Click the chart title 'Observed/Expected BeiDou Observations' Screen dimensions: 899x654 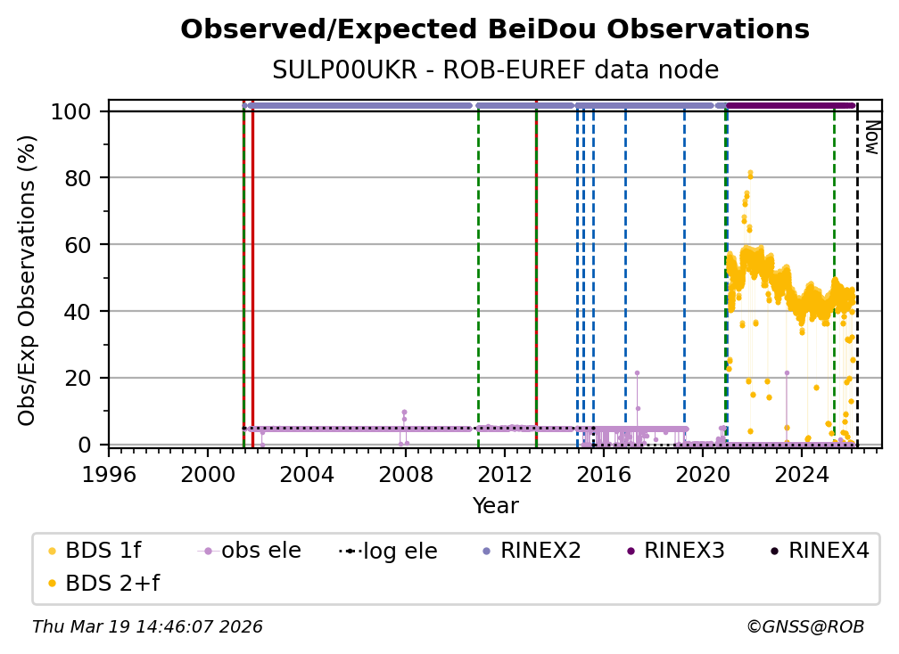coord(495,29)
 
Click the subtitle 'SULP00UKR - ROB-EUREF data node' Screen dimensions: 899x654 coord(495,69)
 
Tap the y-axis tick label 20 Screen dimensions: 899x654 coord(78,379)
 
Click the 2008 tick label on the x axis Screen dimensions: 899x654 coord(405,475)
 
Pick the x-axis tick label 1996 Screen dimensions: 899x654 coord(109,475)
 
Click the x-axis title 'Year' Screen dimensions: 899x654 coord(495,506)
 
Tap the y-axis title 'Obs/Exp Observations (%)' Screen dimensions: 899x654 coord(27,281)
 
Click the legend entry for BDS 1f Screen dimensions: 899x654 coord(95,551)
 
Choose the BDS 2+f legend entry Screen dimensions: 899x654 coord(103,584)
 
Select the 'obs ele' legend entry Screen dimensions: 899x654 coord(250,551)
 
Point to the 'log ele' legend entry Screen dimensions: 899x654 coord(388,551)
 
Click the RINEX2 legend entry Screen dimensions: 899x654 coord(532,551)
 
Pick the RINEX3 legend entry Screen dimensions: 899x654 coord(676,551)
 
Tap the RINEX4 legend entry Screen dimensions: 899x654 coord(821,551)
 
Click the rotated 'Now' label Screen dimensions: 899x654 coord(871,137)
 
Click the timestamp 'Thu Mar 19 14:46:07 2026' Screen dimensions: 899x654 coord(147,627)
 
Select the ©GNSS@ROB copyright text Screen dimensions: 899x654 coord(805,627)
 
